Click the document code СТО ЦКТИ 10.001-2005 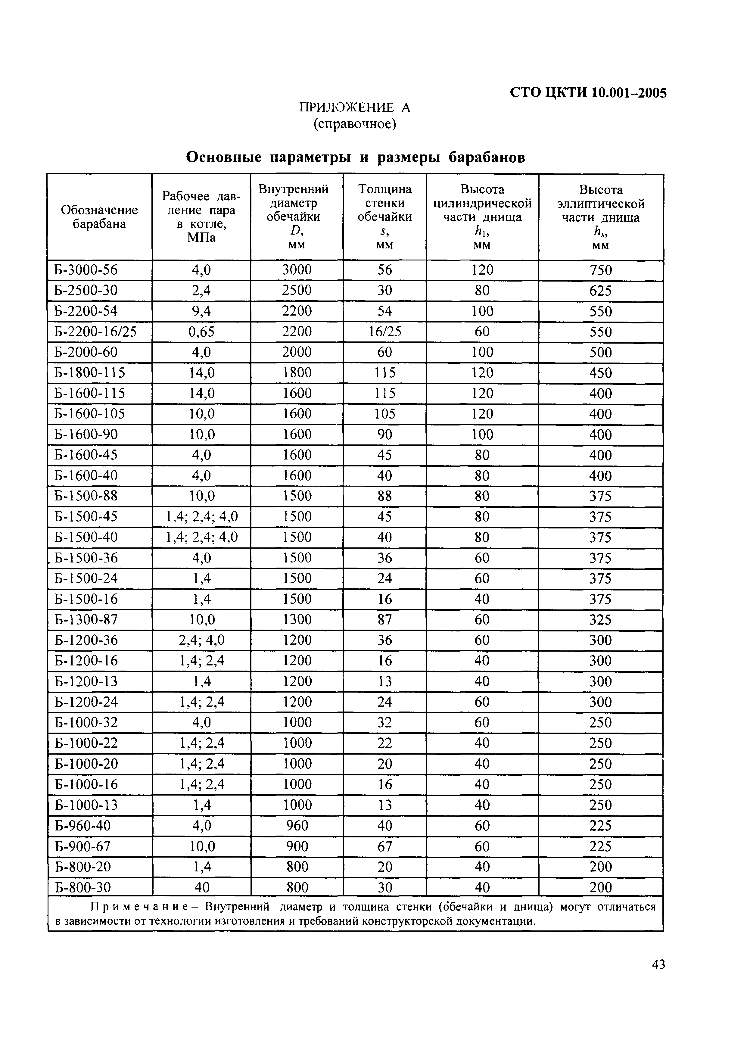coord(588,93)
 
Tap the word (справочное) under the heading coord(355,124)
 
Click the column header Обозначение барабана coord(99,217)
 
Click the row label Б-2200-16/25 coord(95,332)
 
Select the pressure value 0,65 coord(201,332)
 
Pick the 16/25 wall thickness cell coord(384,332)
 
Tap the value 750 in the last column coord(601,270)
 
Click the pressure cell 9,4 coord(201,311)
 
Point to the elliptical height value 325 coord(601,620)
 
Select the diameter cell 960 coord(297,826)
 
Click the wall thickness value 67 coord(384,846)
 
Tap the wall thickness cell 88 coord(384,496)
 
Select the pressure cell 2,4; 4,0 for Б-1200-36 coord(201,640)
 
